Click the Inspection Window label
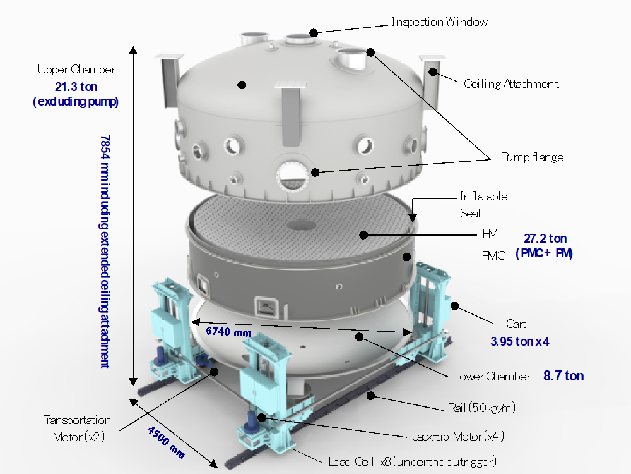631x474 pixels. tap(439, 21)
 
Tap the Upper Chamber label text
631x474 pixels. tap(76, 70)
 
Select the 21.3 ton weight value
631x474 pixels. tap(76, 87)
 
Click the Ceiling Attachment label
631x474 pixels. tap(511, 84)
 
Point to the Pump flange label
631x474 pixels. tap(532, 157)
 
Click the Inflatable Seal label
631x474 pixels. tap(483, 205)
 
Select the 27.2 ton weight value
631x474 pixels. tap(545, 239)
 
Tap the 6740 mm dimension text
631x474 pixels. tap(228, 332)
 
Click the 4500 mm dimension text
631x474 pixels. tap(166, 442)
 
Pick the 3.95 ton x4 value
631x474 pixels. tap(519, 341)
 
